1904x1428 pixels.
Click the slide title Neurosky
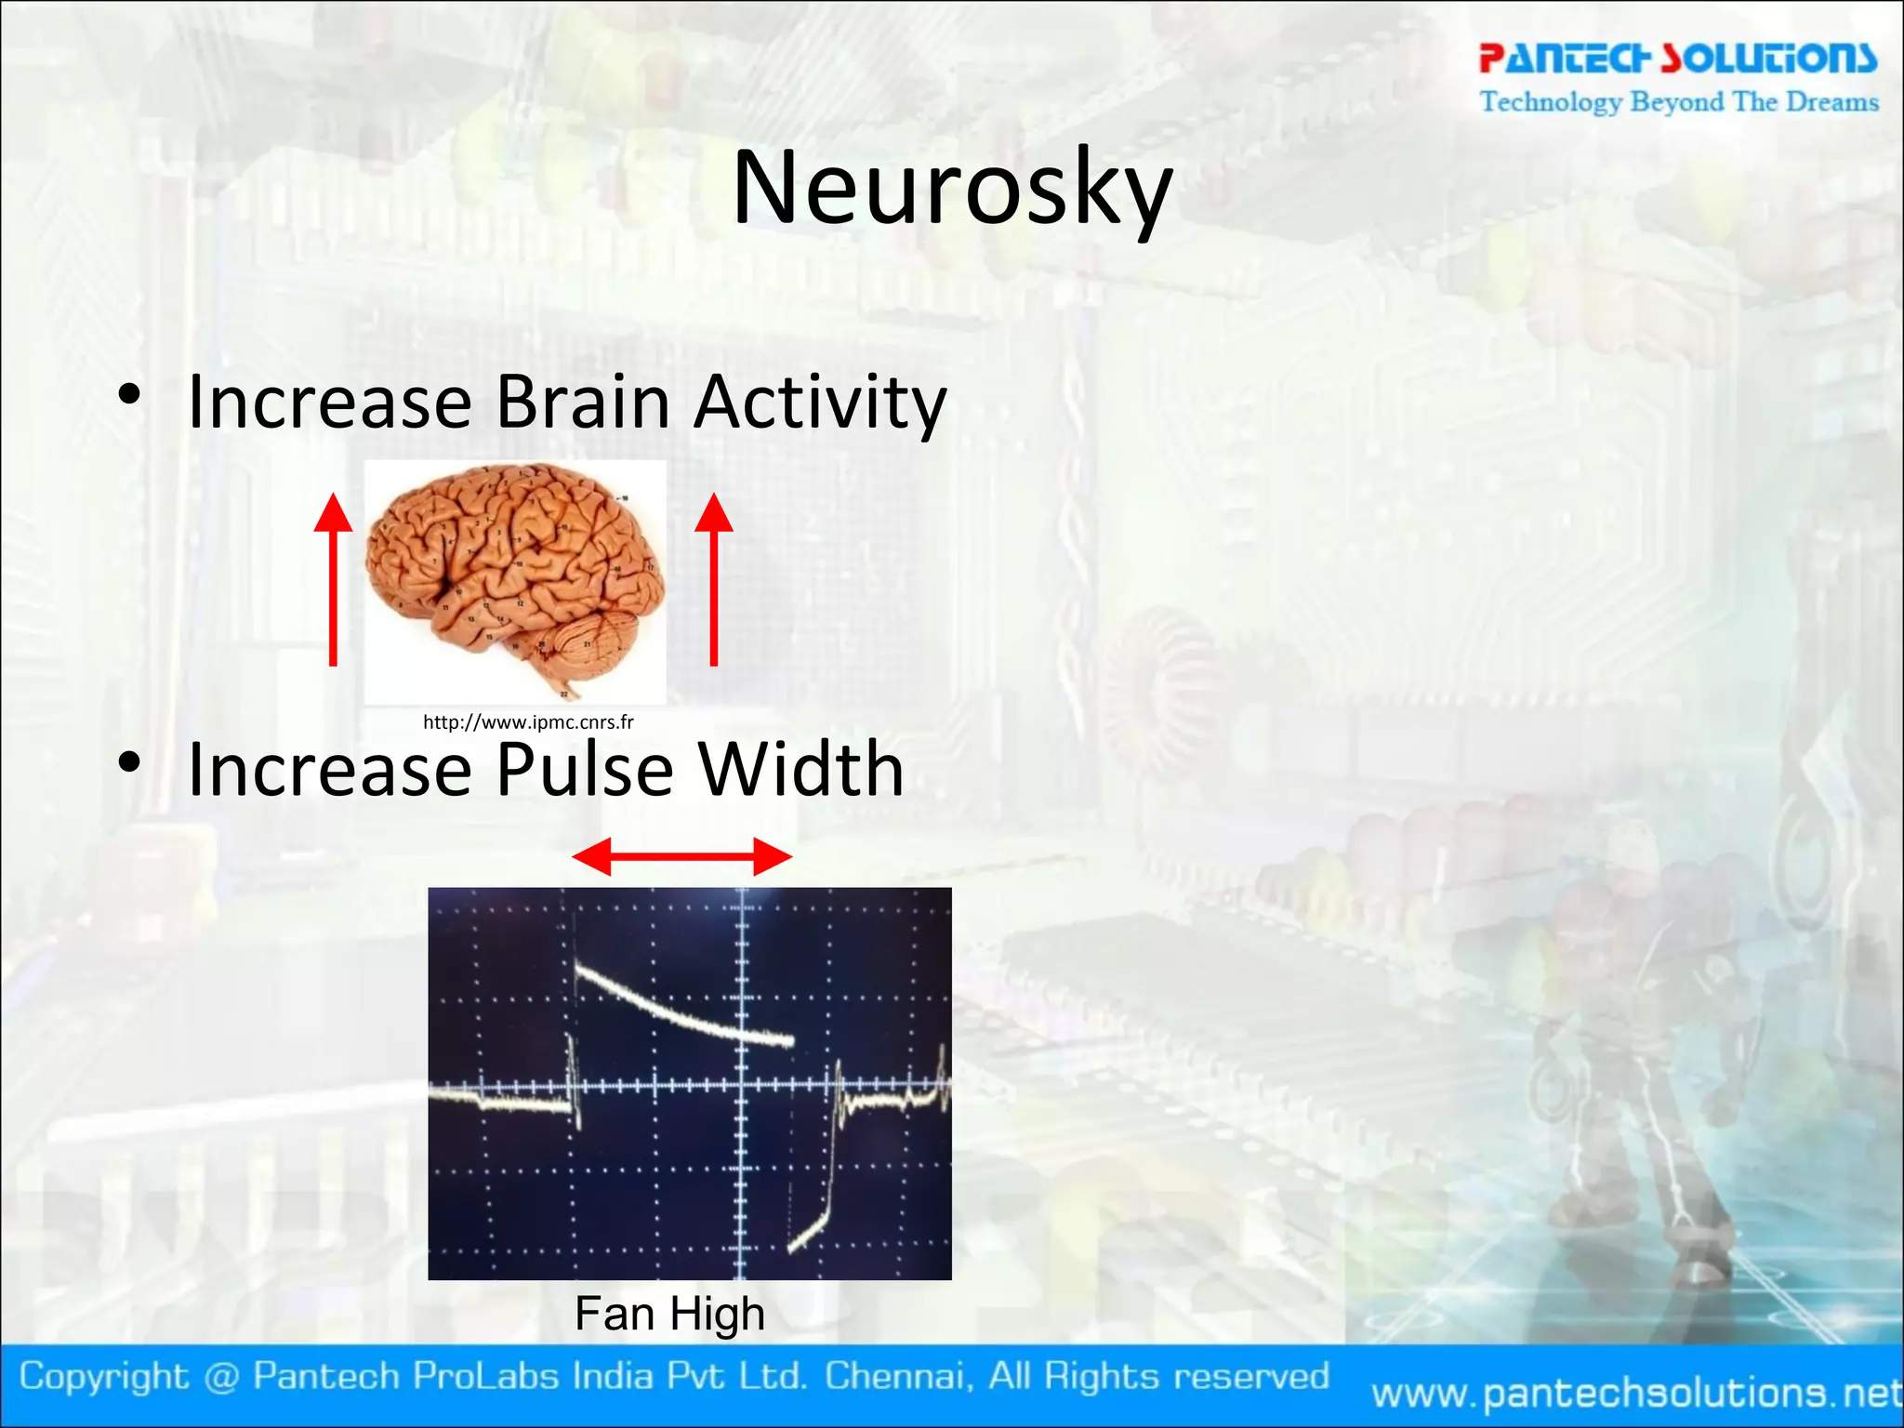pos(952,189)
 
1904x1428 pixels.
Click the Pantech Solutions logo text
pos(1678,58)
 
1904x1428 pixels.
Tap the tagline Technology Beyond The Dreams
pos(1679,101)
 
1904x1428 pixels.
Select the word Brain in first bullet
pos(583,402)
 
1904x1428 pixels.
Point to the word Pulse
pos(584,770)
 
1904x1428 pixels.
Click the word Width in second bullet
pos(800,770)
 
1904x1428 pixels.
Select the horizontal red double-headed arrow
pos(681,856)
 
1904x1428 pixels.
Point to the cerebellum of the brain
pos(581,646)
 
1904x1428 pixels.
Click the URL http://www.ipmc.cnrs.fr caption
pos(528,722)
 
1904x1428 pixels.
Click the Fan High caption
pos(669,1314)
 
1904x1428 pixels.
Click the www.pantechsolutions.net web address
pos(1636,1393)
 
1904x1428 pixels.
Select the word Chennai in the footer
pos(899,1376)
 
